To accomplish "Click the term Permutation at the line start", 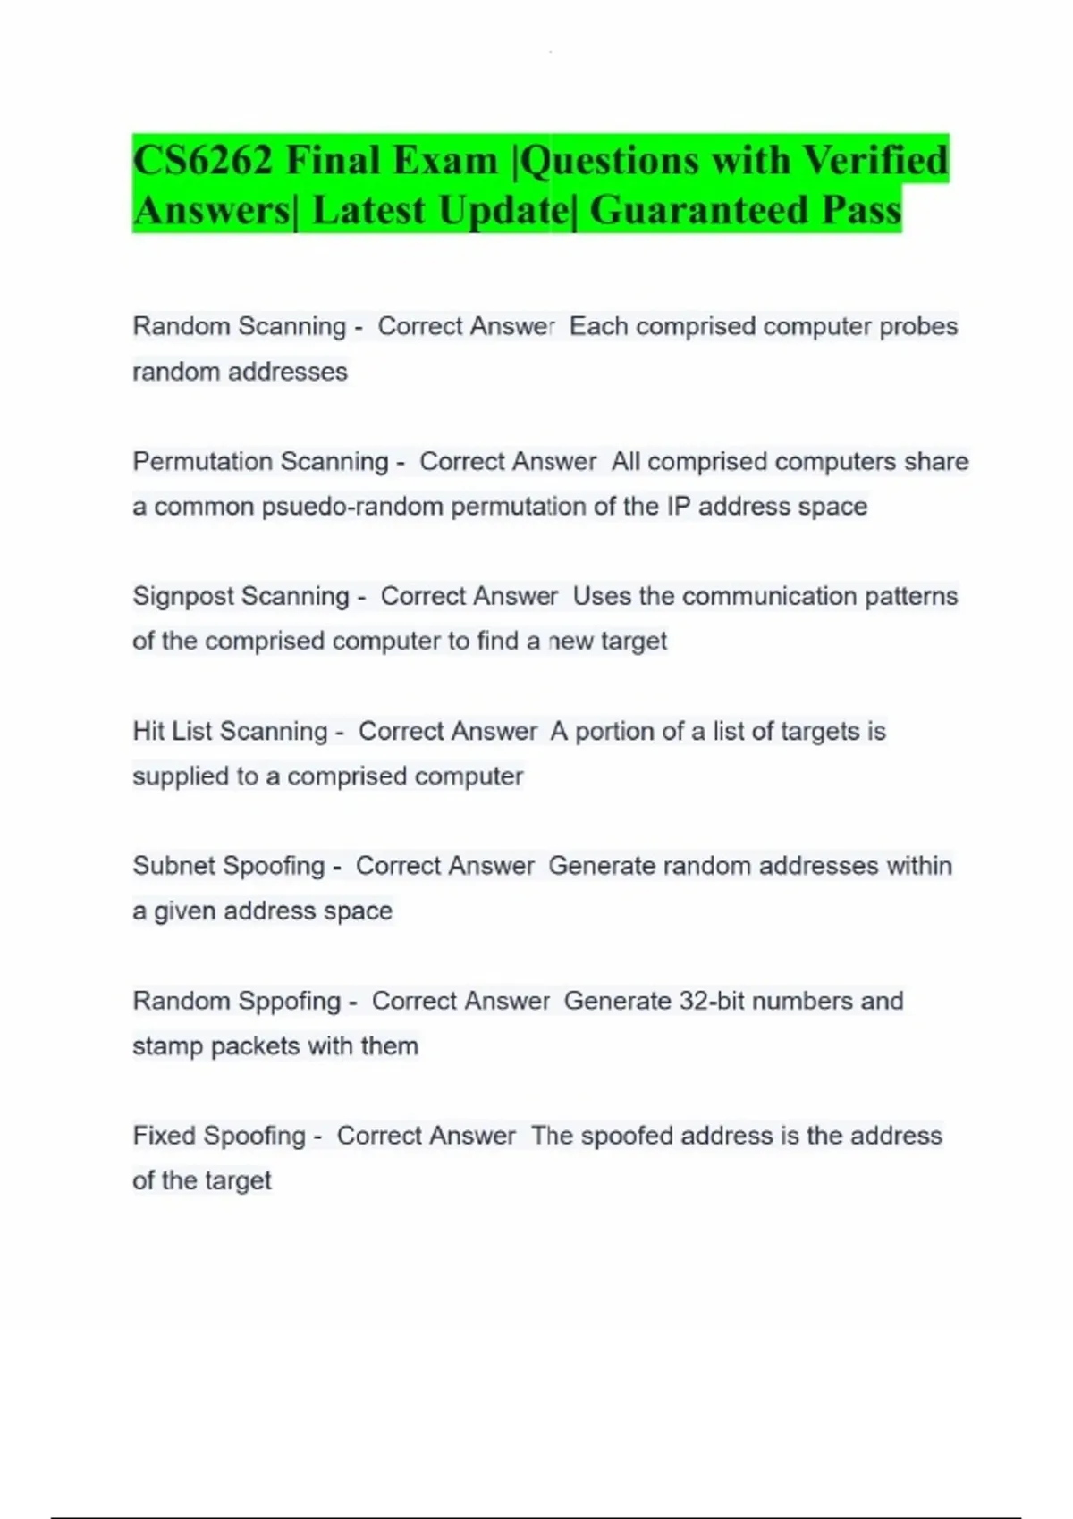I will pyautogui.click(x=191, y=462).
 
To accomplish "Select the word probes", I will pyautogui.click(x=918, y=326).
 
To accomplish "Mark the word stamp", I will pyautogui.click(x=167, y=1045).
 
